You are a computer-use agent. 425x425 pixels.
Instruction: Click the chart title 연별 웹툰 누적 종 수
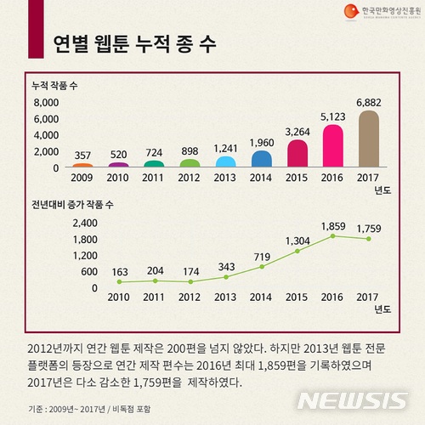pyautogui.click(x=133, y=42)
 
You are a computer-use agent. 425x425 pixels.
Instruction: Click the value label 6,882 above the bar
pyautogui.click(x=367, y=103)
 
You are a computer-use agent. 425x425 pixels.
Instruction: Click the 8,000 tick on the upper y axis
pyautogui.click(x=46, y=103)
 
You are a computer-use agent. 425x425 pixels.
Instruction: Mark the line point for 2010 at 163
pyautogui.click(x=119, y=282)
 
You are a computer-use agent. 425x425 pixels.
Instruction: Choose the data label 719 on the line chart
pyautogui.click(x=262, y=256)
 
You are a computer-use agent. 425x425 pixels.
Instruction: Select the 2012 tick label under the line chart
pyautogui.click(x=190, y=297)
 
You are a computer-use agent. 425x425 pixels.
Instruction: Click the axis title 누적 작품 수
pyautogui.click(x=55, y=87)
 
